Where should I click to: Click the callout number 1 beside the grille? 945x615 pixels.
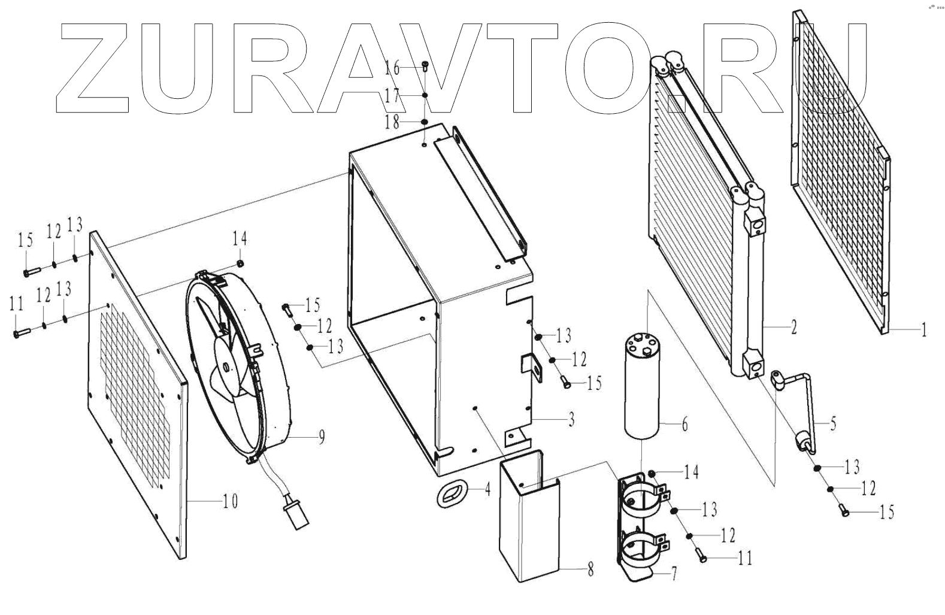coord(923,329)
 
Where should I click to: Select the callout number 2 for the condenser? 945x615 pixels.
coord(793,328)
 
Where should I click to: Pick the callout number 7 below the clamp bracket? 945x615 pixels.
coord(674,574)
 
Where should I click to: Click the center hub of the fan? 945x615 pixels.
coord(226,366)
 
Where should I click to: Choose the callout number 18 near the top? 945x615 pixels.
coord(392,123)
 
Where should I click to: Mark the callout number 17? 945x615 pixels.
coord(392,95)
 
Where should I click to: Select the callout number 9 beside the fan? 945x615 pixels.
coord(322,438)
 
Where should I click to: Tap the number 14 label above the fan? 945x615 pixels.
coord(240,240)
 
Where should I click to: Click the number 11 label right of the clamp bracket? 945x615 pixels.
coord(745,558)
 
